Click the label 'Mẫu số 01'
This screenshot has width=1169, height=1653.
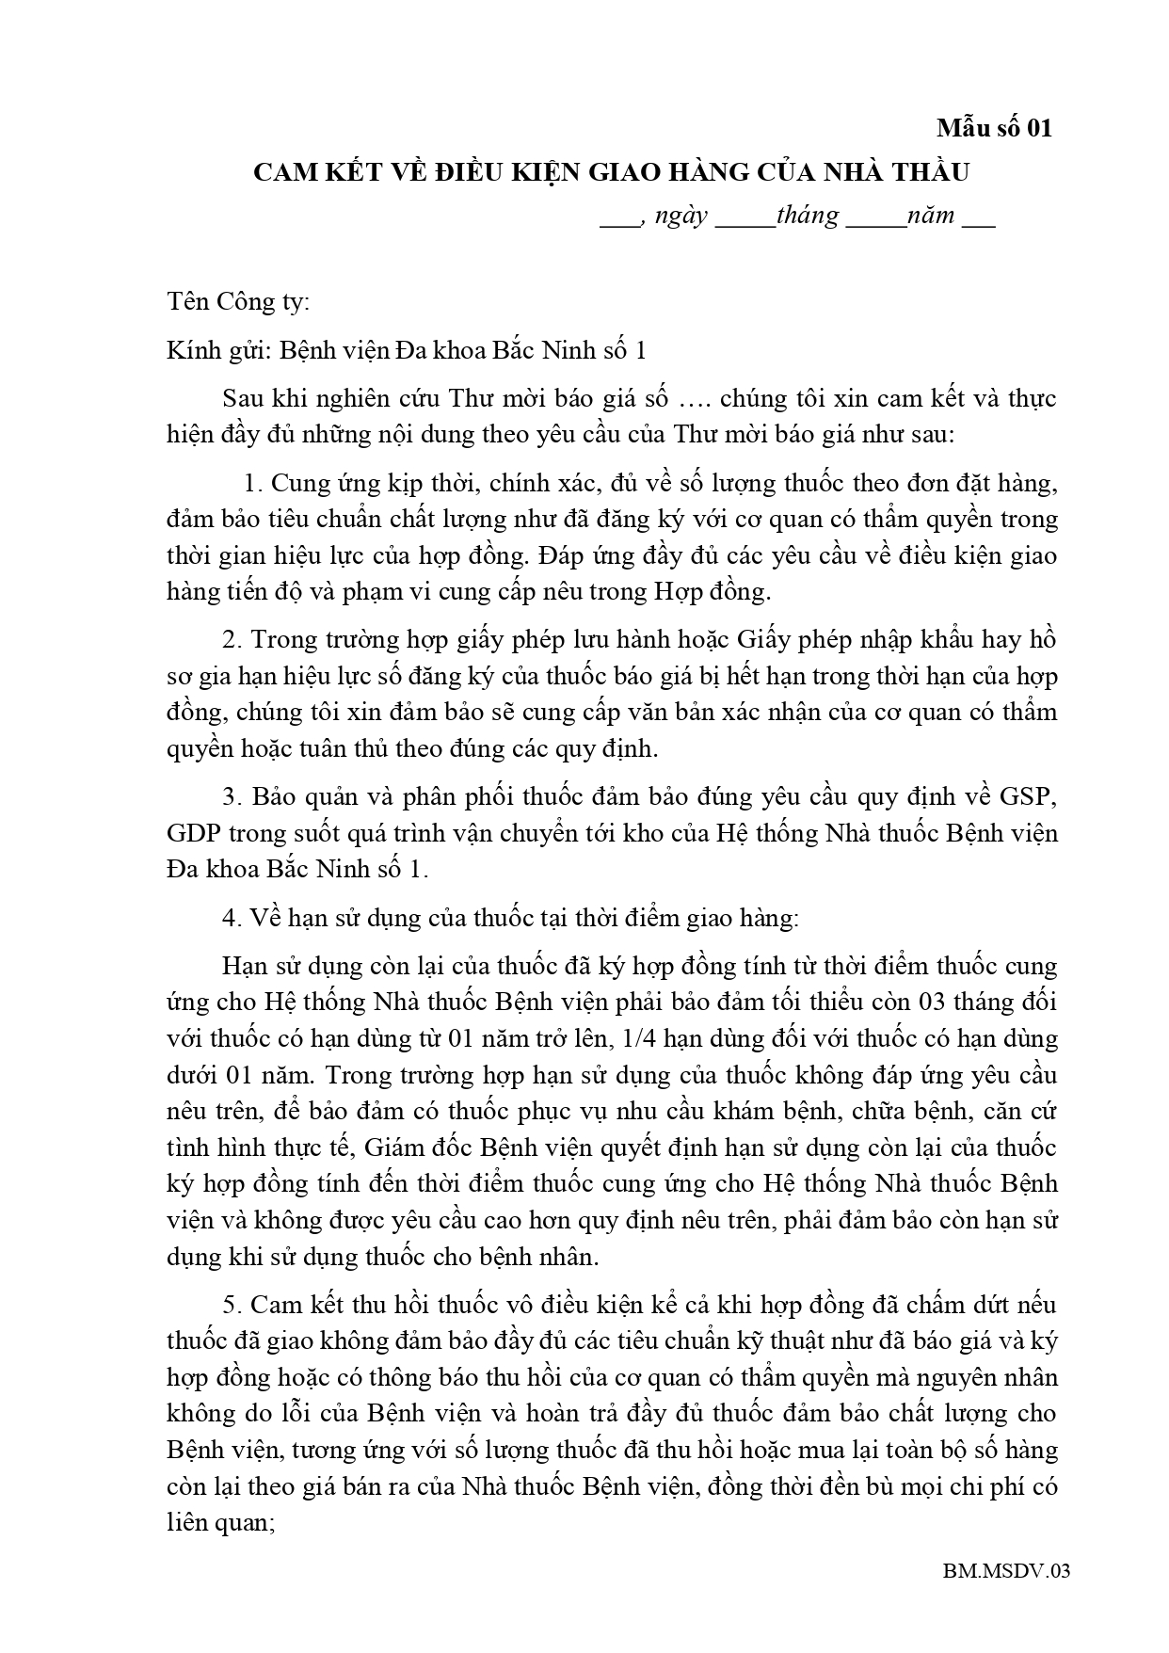[x=994, y=128]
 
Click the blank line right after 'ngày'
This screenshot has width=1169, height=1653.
[x=745, y=217]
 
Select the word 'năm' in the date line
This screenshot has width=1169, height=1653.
[x=931, y=216]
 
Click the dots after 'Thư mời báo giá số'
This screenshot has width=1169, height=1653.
[x=693, y=398]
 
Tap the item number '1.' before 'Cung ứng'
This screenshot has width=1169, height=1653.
[x=251, y=483]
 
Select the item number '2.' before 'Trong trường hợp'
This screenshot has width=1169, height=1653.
[x=232, y=640]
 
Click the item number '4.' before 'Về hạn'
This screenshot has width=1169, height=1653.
[x=232, y=918]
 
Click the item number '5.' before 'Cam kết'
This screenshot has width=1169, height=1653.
[x=232, y=1305]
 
